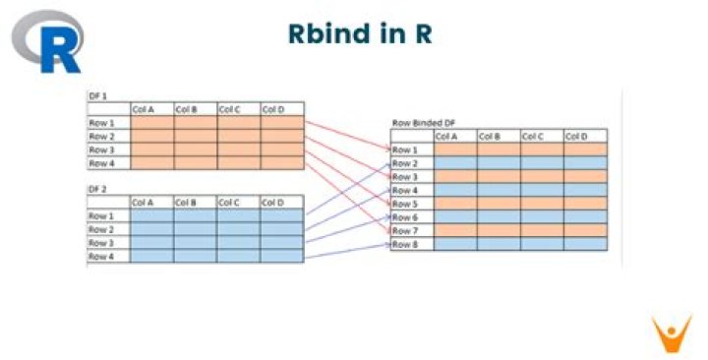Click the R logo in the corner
pos(47,41)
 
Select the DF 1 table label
pos(97,95)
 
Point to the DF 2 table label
pos(97,188)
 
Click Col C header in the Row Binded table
pos(534,136)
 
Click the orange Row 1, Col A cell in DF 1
pos(151,123)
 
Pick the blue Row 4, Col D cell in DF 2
pos(282,257)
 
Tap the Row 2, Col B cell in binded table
pos(500,162)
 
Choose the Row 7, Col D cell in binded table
pos(585,229)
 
